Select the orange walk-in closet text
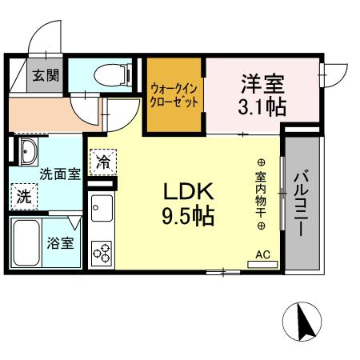(x=174, y=96)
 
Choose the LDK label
(x=188, y=193)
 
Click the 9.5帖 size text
(x=188, y=216)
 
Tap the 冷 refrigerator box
(x=103, y=162)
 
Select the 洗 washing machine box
(x=24, y=194)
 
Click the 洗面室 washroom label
(x=59, y=173)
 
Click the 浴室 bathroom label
(x=59, y=242)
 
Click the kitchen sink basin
(x=102, y=211)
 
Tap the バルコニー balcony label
(x=303, y=203)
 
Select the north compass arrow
(x=303, y=324)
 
